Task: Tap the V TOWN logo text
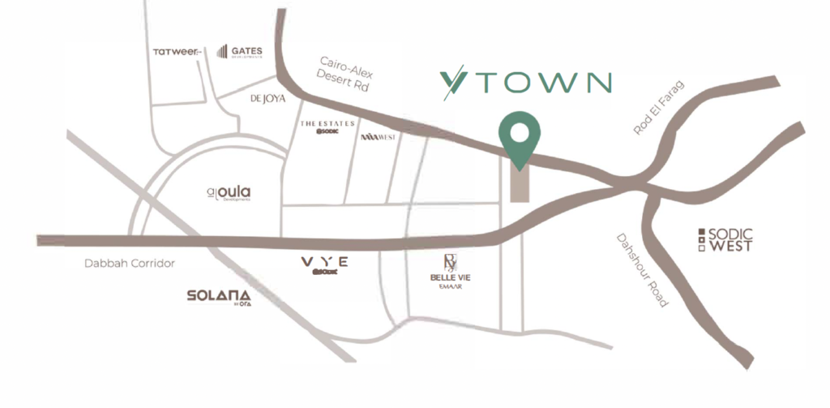(526, 83)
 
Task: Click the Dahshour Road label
(643, 271)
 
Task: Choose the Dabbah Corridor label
(130, 264)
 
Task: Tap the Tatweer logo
(177, 52)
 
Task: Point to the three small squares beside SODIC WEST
(701, 239)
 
